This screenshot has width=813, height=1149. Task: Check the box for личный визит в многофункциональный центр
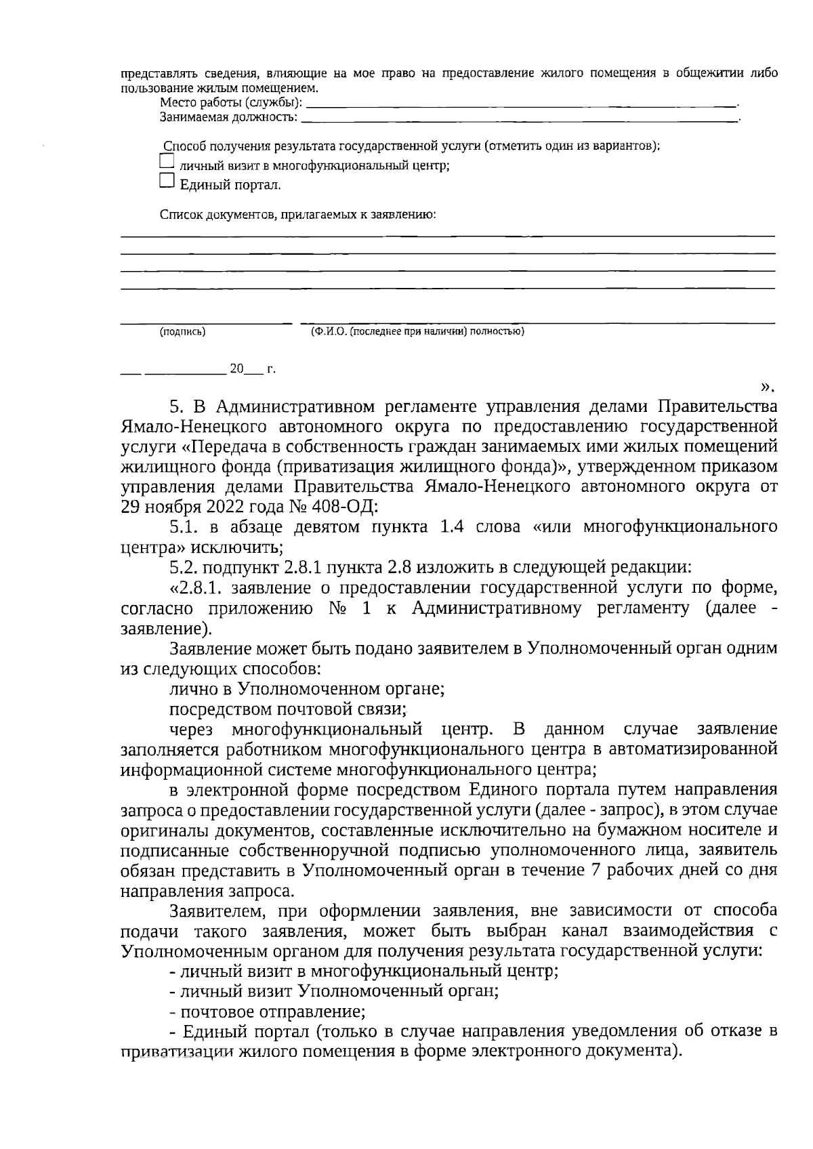point(166,161)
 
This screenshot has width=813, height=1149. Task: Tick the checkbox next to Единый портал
point(166,180)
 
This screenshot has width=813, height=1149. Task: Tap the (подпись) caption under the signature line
point(183,332)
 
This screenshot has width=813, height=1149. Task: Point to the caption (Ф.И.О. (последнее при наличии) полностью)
point(417,331)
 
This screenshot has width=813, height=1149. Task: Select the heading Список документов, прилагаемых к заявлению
point(297,215)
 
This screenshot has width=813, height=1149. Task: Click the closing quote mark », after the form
point(766,388)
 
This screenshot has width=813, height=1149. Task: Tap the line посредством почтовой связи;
point(288,709)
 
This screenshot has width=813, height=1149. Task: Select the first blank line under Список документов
point(447,235)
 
